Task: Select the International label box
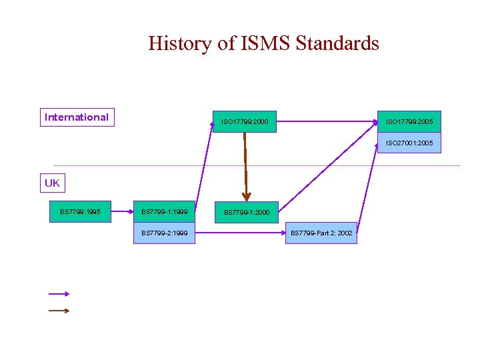tap(76, 117)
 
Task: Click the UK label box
tap(52, 183)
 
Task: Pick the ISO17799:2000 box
tap(244, 122)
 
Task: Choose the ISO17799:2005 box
tap(409, 122)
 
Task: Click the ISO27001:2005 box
tap(409, 143)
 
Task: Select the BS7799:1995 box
tap(80, 212)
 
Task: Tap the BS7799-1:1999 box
tap(164, 212)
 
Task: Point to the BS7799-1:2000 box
tap(246, 212)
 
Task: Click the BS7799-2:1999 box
tap(164, 233)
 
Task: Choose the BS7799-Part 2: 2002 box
tap(321, 233)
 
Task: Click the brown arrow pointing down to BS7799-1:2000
tap(246, 167)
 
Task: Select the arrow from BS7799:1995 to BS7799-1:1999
tap(122, 212)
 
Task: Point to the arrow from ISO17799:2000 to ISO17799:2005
tap(327, 122)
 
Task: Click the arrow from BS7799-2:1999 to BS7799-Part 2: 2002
tap(240, 233)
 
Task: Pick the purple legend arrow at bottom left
tap(59, 293)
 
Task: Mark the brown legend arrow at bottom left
tap(59, 310)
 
